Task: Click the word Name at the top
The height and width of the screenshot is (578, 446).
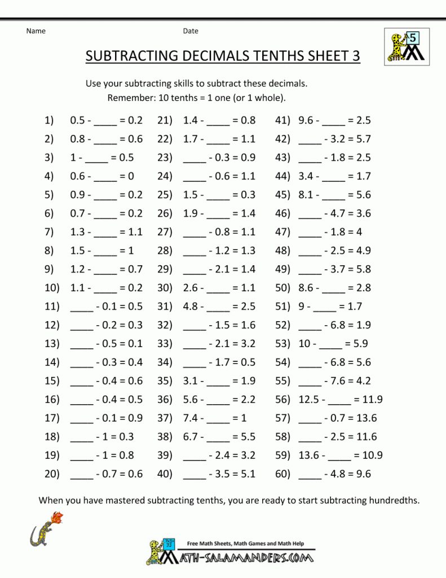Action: click(36, 31)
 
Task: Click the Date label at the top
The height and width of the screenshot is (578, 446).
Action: click(191, 31)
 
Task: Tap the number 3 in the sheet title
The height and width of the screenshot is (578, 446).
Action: click(355, 56)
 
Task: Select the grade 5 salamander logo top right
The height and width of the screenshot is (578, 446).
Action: click(407, 47)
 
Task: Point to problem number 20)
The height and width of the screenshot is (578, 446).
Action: click(52, 474)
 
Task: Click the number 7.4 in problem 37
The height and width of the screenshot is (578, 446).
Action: click(191, 418)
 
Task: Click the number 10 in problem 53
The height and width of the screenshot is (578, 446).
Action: click(304, 344)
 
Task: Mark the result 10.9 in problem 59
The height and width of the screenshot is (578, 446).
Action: click(370, 456)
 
